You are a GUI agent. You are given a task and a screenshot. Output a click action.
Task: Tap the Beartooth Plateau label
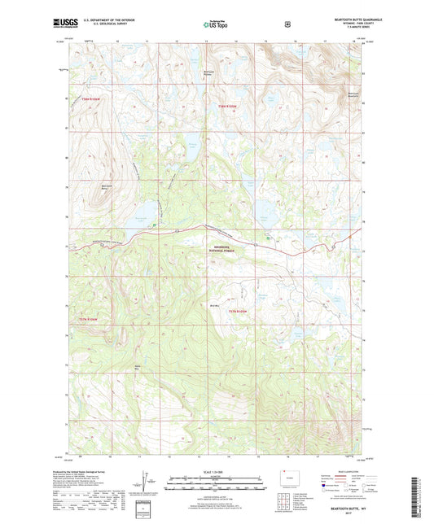tap(209, 74)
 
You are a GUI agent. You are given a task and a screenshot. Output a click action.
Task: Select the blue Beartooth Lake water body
tap(143, 216)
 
